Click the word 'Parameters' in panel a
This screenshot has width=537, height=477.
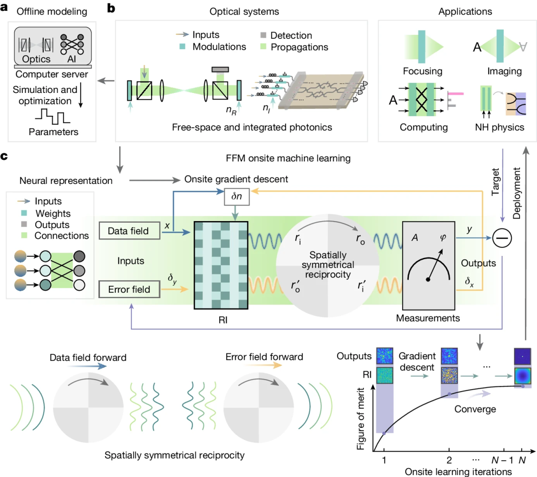[53, 132]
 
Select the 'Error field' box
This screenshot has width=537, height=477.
[129, 289]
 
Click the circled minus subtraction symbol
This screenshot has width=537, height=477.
[502, 239]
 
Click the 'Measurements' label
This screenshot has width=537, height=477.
[428, 317]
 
